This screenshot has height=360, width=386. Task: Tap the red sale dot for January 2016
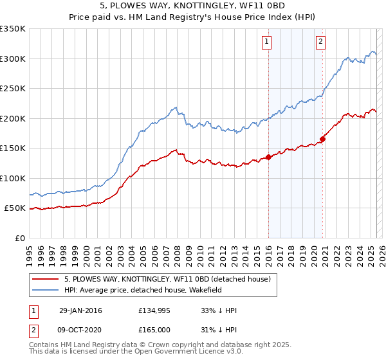268,157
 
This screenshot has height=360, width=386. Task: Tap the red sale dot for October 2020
323,139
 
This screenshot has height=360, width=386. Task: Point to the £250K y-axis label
13,89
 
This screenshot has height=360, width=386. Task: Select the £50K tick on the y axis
15,208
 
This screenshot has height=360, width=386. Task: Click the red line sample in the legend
46,279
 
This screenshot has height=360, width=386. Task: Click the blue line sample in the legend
46,290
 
